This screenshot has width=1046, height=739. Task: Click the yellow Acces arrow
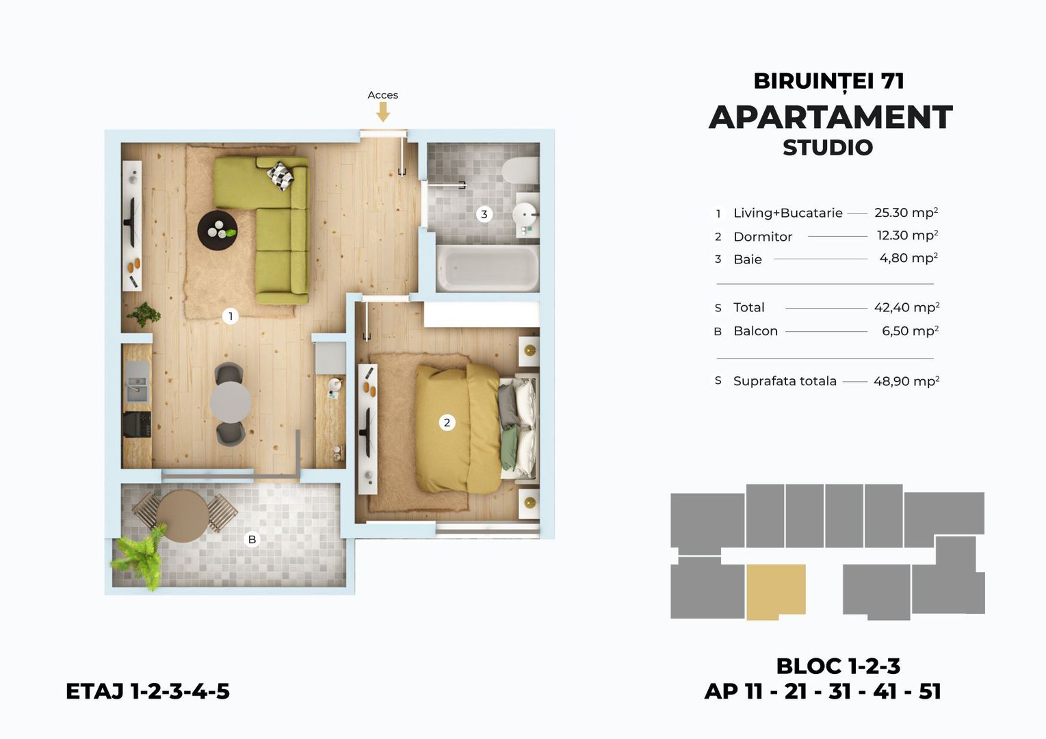point(383,112)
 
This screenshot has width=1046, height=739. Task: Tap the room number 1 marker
point(231,316)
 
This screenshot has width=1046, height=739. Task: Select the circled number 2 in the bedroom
point(447,422)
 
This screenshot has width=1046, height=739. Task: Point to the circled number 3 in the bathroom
point(484,214)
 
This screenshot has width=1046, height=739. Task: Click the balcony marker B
point(252,539)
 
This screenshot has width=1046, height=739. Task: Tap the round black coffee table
point(218,230)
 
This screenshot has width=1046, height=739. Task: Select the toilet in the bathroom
point(521,170)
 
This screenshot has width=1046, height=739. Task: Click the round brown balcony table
point(183,516)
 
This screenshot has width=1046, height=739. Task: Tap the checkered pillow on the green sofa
point(280,176)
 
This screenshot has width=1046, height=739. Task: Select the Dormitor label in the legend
point(762,237)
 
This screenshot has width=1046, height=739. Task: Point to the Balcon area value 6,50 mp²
point(910,331)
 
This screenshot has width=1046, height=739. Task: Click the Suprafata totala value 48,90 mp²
point(906,381)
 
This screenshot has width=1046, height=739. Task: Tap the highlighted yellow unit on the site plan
point(775,590)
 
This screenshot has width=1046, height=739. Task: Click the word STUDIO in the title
point(828,147)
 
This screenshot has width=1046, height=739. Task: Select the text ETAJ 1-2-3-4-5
point(148,691)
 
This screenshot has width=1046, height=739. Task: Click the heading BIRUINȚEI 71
point(828,81)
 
